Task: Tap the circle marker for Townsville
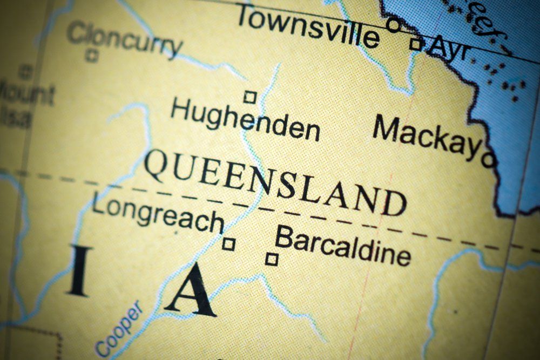(394, 24)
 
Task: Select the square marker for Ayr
(416, 44)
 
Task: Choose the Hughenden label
(245, 119)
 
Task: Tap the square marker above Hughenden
(249, 97)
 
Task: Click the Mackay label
(427, 137)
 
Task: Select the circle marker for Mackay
(489, 159)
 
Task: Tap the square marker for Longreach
(228, 244)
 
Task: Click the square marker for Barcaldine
(272, 260)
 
